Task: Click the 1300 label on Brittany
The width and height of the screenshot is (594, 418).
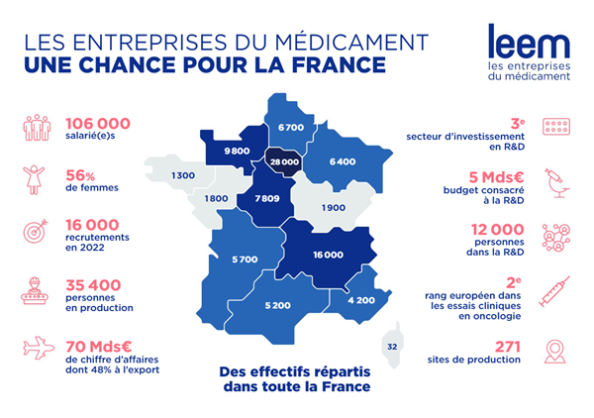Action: tap(182, 175)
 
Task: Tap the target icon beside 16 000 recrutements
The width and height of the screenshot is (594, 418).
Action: tap(36, 234)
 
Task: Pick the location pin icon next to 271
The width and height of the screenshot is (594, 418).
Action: tap(556, 352)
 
